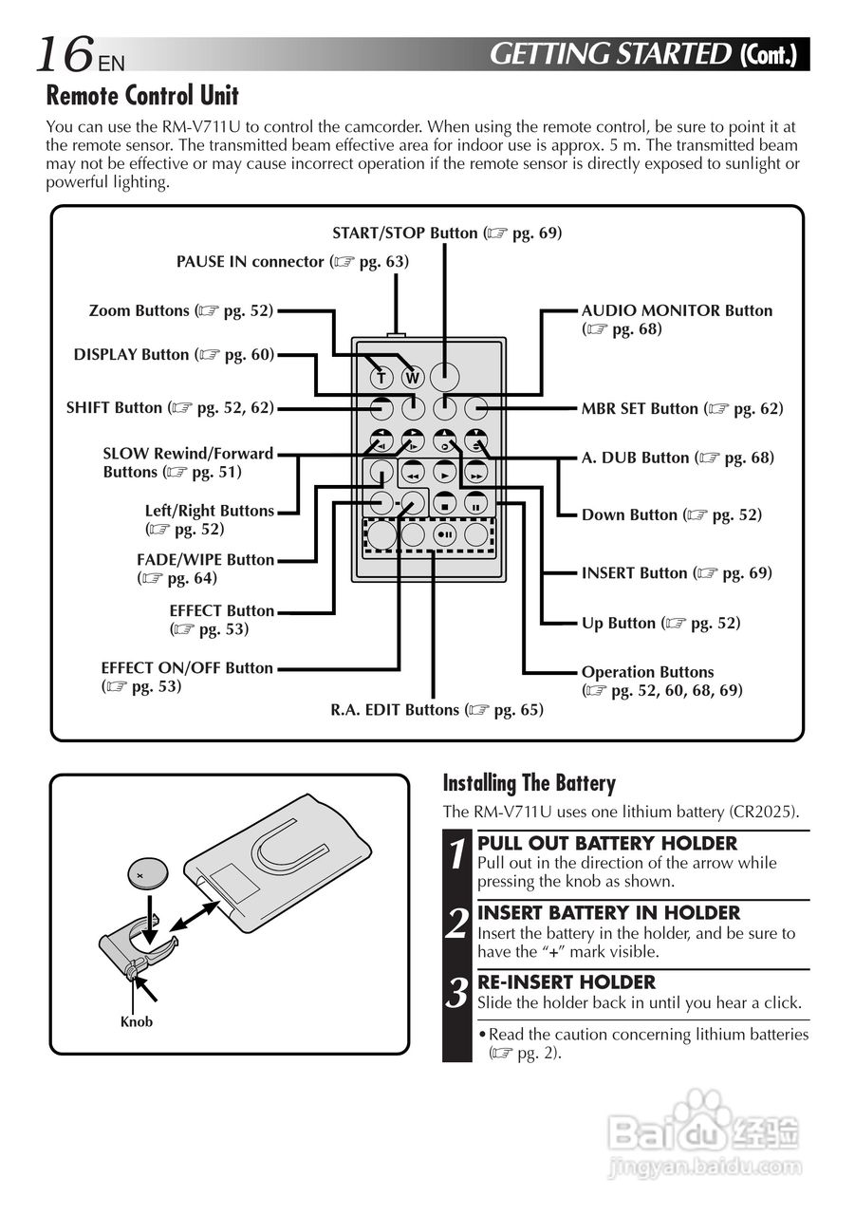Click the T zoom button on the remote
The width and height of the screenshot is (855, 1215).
point(381,378)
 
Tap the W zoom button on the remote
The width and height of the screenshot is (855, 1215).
point(412,378)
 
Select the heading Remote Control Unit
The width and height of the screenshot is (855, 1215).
point(142,96)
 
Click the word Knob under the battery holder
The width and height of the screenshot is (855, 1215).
point(136,1021)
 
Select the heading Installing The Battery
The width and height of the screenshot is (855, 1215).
point(530,783)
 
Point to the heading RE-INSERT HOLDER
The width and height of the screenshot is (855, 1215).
point(566,982)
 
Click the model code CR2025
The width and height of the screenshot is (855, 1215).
point(763,812)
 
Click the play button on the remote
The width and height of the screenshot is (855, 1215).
point(445,473)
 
